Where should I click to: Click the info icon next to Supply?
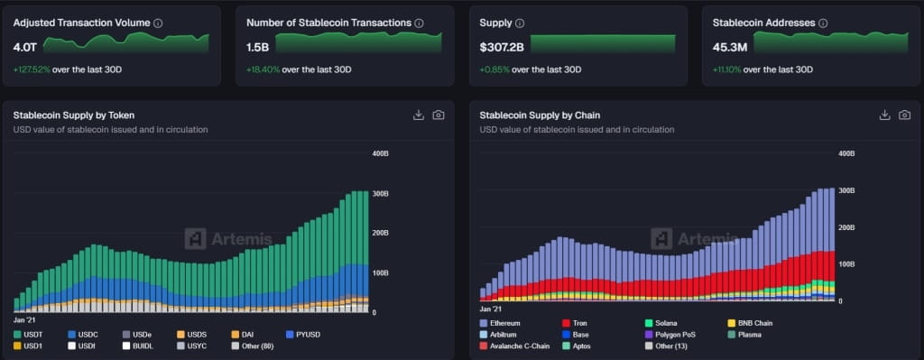coord(519,23)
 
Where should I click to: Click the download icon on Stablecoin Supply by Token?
coord(418,115)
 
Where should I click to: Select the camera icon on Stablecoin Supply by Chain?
coord(904,115)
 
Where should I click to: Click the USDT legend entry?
coord(32,335)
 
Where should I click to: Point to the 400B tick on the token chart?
coord(380,153)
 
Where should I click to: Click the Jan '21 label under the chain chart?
coord(494,309)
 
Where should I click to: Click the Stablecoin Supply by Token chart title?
coord(73,115)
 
